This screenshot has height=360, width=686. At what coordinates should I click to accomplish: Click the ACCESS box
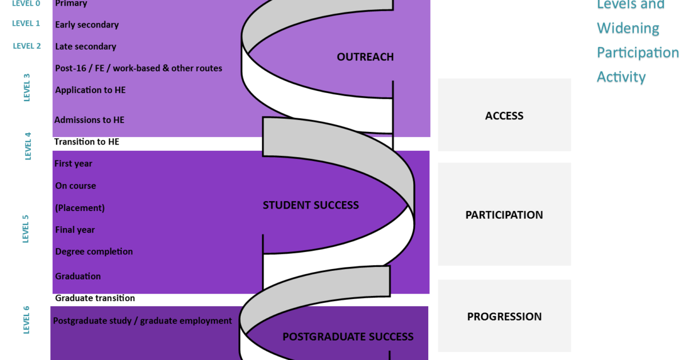pos(504,115)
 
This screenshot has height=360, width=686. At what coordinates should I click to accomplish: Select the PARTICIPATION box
pos(504,215)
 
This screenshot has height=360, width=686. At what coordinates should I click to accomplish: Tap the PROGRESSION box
pos(504,317)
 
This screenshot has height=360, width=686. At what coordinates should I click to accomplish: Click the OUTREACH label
pos(365,57)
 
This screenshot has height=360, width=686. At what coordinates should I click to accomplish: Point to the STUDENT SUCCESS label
pos(310,205)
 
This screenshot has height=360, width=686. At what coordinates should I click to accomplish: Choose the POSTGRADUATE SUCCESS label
pos(348,337)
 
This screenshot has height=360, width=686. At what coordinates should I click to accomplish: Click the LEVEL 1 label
pos(26,23)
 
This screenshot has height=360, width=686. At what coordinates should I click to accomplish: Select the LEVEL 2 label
pos(27,46)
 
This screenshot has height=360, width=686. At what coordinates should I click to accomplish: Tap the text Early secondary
pos(87,25)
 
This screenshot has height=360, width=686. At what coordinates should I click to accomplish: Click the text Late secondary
pos(86,46)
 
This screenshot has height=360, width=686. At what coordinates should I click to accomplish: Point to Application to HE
pos(90,90)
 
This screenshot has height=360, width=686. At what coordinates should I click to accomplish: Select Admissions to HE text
pos(89,120)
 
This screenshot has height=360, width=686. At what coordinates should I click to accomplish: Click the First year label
pos(73,163)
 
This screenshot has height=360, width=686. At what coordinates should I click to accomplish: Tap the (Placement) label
pos(80,207)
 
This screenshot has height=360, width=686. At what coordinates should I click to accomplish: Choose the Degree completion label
pos(94,251)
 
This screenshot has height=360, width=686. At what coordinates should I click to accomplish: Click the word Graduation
pos(78,276)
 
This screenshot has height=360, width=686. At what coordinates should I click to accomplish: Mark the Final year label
pos(75,230)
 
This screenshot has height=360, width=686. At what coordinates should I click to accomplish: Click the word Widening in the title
pos(628,29)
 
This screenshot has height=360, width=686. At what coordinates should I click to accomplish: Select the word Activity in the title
pos(621,77)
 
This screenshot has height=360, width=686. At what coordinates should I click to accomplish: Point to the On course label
pos(75,186)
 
